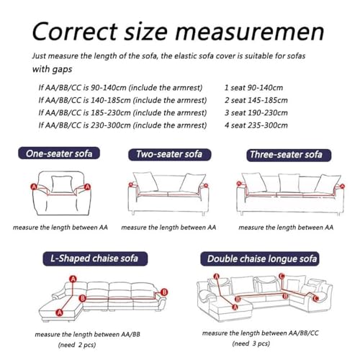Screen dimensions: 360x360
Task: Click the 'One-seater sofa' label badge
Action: click(x=59, y=153)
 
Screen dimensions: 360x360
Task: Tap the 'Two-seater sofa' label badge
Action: click(x=170, y=154)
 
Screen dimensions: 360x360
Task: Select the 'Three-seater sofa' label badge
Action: click(x=289, y=155)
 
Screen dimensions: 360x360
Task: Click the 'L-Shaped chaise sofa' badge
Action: click(x=95, y=258)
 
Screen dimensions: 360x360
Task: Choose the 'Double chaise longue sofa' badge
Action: click(x=260, y=258)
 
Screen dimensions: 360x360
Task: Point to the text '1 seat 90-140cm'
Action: click(x=253, y=88)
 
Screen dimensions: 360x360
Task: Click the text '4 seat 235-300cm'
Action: click(x=256, y=125)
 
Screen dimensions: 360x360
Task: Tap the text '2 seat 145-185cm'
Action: click(x=256, y=100)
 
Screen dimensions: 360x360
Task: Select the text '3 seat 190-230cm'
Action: click(x=256, y=112)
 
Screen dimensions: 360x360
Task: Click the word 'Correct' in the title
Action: click(x=75, y=32)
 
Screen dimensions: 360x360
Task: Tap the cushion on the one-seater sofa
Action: click(x=62, y=184)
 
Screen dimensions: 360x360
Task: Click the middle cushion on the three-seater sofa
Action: click(x=289, y=183)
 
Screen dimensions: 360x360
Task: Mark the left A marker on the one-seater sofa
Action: click(x=34, y=186)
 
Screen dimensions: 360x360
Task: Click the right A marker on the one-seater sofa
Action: click(x=88, y=186)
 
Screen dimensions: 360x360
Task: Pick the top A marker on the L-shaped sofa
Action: click(x=73, y=279)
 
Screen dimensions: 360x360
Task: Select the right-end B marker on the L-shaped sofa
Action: click(x=164, y=292)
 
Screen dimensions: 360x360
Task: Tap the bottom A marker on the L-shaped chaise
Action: click(x=59, y=312)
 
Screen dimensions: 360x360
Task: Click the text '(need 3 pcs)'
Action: click(x=251, y=343)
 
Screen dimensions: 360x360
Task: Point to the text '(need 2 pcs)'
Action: click(x=77, y=345)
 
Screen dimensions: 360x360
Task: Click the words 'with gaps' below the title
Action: click(x=52, y=69)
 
